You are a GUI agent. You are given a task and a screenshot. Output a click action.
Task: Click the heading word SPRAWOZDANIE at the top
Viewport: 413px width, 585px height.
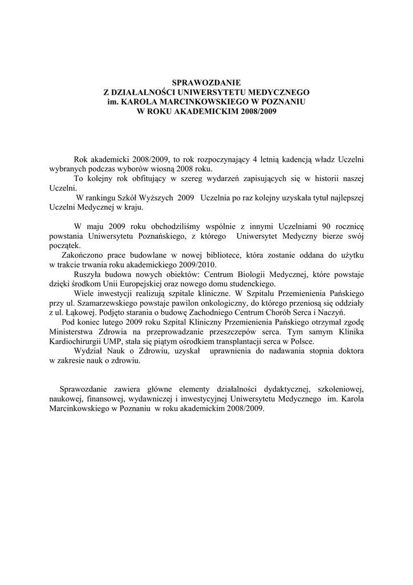point(206,82)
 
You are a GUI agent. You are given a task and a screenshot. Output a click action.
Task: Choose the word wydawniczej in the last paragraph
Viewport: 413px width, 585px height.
point(152,399)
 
